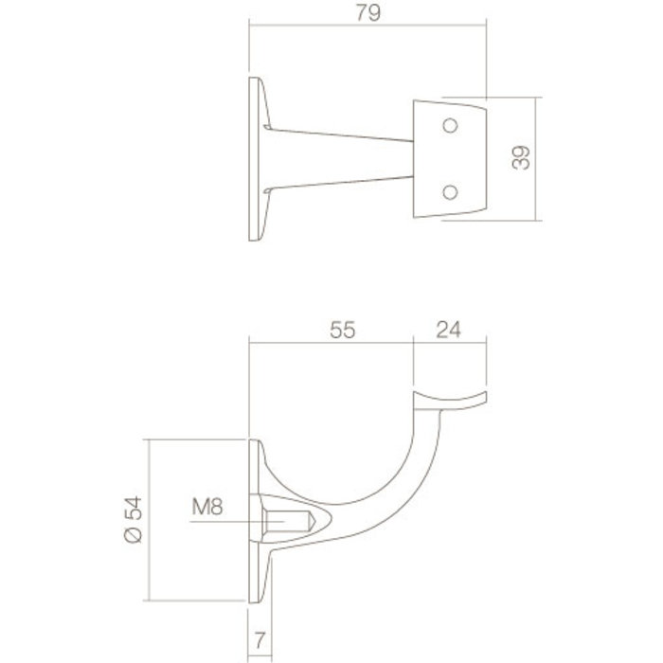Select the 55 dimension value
coord(342,331)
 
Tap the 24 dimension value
coord(450,331)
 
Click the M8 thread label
coord(206,509)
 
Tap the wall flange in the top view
coord(256,158)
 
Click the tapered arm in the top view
coord(341,158)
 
